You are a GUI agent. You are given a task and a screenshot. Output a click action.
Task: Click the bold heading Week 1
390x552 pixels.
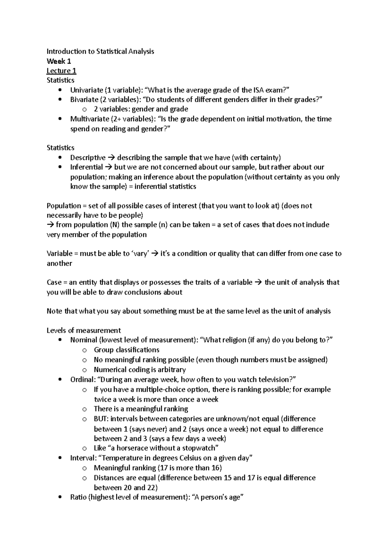click(x=59, y=61)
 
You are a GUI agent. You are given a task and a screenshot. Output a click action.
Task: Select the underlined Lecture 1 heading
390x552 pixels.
click(x=61, y=71)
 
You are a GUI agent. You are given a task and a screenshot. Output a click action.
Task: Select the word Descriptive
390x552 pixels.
click(x=88, y=158)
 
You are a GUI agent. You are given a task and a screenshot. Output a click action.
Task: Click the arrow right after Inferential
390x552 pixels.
click(x=109, y=167)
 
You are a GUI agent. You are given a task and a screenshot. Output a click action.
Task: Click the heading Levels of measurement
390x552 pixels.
click(x=84, y=330)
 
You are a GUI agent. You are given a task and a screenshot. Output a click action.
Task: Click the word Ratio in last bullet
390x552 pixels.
click(x=78, y=497)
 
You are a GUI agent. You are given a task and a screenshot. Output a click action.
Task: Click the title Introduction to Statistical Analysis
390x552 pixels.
click(x=100, y=51)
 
